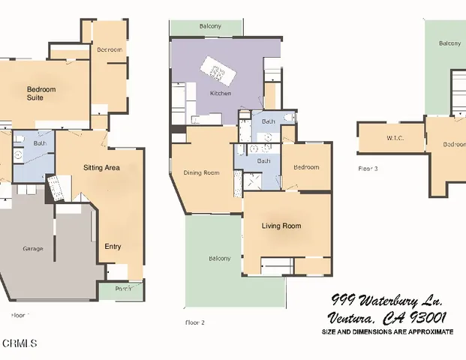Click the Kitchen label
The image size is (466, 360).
click(x=221, y=93)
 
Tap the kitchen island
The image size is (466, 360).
click(x=217, y=73)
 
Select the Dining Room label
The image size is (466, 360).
click(x=201, y=173)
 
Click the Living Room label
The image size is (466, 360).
click(x=281, y=226)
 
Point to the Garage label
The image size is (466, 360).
click(x=32, y=248)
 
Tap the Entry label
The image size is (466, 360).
click(x=113, y=246)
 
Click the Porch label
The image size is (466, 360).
click(x=123, y=289)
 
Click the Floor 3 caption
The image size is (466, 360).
click(x=368, y=169)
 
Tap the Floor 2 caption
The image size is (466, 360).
click(x=195, y=322)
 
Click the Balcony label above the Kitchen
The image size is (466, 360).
click(x=210, y=26)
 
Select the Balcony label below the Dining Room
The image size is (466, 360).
click(x=219, y=259)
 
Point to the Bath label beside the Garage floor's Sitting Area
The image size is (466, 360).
click(x=40, y=143)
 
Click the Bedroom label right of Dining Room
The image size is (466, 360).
click(x=306, y=167)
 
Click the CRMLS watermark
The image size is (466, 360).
click(x=20, y=343)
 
